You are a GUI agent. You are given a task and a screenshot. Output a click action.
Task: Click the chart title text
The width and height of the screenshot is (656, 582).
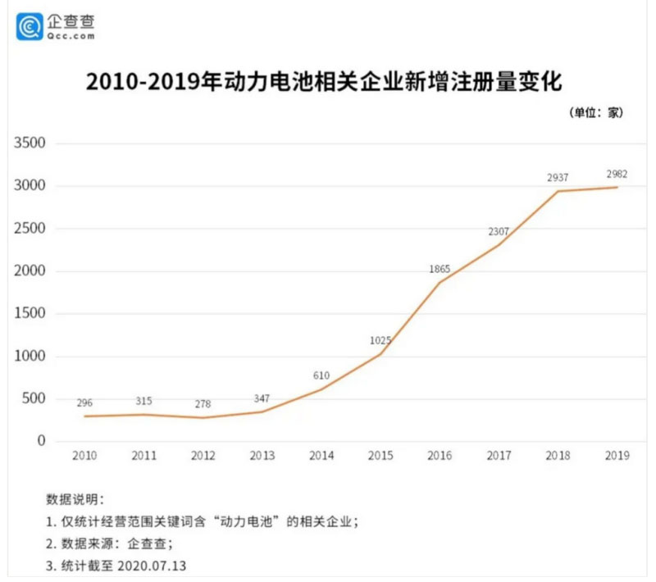327,84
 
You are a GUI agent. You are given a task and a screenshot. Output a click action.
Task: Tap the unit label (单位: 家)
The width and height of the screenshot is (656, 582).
596,113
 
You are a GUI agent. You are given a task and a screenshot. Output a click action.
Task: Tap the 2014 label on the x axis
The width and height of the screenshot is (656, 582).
321,456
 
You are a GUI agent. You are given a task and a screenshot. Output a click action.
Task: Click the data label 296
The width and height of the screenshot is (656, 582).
84,403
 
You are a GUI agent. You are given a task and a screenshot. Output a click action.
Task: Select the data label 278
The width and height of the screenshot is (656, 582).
203,405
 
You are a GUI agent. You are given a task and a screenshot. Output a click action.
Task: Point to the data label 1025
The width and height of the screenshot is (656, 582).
380,340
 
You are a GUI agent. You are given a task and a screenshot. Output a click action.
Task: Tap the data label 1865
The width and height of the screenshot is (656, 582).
440,269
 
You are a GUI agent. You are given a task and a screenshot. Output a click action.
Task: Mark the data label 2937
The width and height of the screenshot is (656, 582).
558,178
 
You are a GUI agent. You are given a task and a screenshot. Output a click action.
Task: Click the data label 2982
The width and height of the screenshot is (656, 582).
617,174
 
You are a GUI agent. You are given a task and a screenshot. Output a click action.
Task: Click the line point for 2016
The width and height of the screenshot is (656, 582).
440,283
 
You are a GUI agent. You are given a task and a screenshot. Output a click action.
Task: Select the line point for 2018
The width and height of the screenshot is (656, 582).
558,192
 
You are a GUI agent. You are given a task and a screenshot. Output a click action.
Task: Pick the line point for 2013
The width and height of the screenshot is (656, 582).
262,411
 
